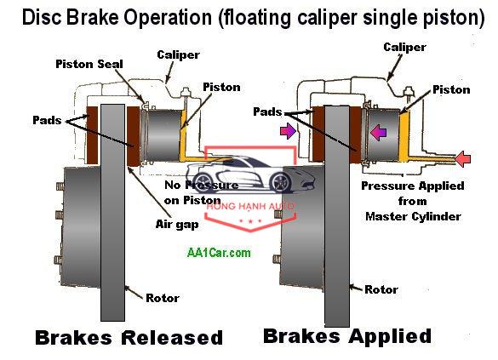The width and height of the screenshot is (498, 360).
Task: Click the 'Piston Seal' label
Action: [89, 64]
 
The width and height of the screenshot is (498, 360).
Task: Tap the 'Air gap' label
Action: [177, 225]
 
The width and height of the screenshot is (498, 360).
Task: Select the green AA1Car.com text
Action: [219, 253]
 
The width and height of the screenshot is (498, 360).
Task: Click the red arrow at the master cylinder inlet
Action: [463, 159]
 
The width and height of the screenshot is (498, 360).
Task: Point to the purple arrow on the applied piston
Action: [378, 133]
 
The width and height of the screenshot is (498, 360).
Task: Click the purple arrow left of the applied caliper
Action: [288, 131]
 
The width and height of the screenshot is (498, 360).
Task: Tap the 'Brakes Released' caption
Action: [129, 338]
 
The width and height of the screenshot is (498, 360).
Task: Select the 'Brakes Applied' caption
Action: [347, 336]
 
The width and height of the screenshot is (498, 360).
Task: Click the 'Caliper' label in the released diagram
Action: [178, 54]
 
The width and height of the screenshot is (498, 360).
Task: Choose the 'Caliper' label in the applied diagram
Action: [404, 47]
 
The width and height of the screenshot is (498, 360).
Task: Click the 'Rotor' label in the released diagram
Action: [163, 298]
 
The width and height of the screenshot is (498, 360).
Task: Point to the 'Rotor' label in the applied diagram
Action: [381, 289]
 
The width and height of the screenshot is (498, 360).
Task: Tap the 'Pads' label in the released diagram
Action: [47, 120]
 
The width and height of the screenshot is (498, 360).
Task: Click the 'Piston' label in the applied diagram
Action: [451, 89]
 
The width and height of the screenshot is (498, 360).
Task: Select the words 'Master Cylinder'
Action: [413, 216]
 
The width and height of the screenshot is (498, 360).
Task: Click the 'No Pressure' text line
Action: [202, 185]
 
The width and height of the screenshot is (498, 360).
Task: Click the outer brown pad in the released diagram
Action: [93, 135]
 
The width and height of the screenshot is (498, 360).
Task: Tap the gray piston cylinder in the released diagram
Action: [163, 135]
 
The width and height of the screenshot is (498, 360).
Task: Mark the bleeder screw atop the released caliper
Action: [186, 93]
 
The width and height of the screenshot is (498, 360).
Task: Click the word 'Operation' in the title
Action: [168, 17]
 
